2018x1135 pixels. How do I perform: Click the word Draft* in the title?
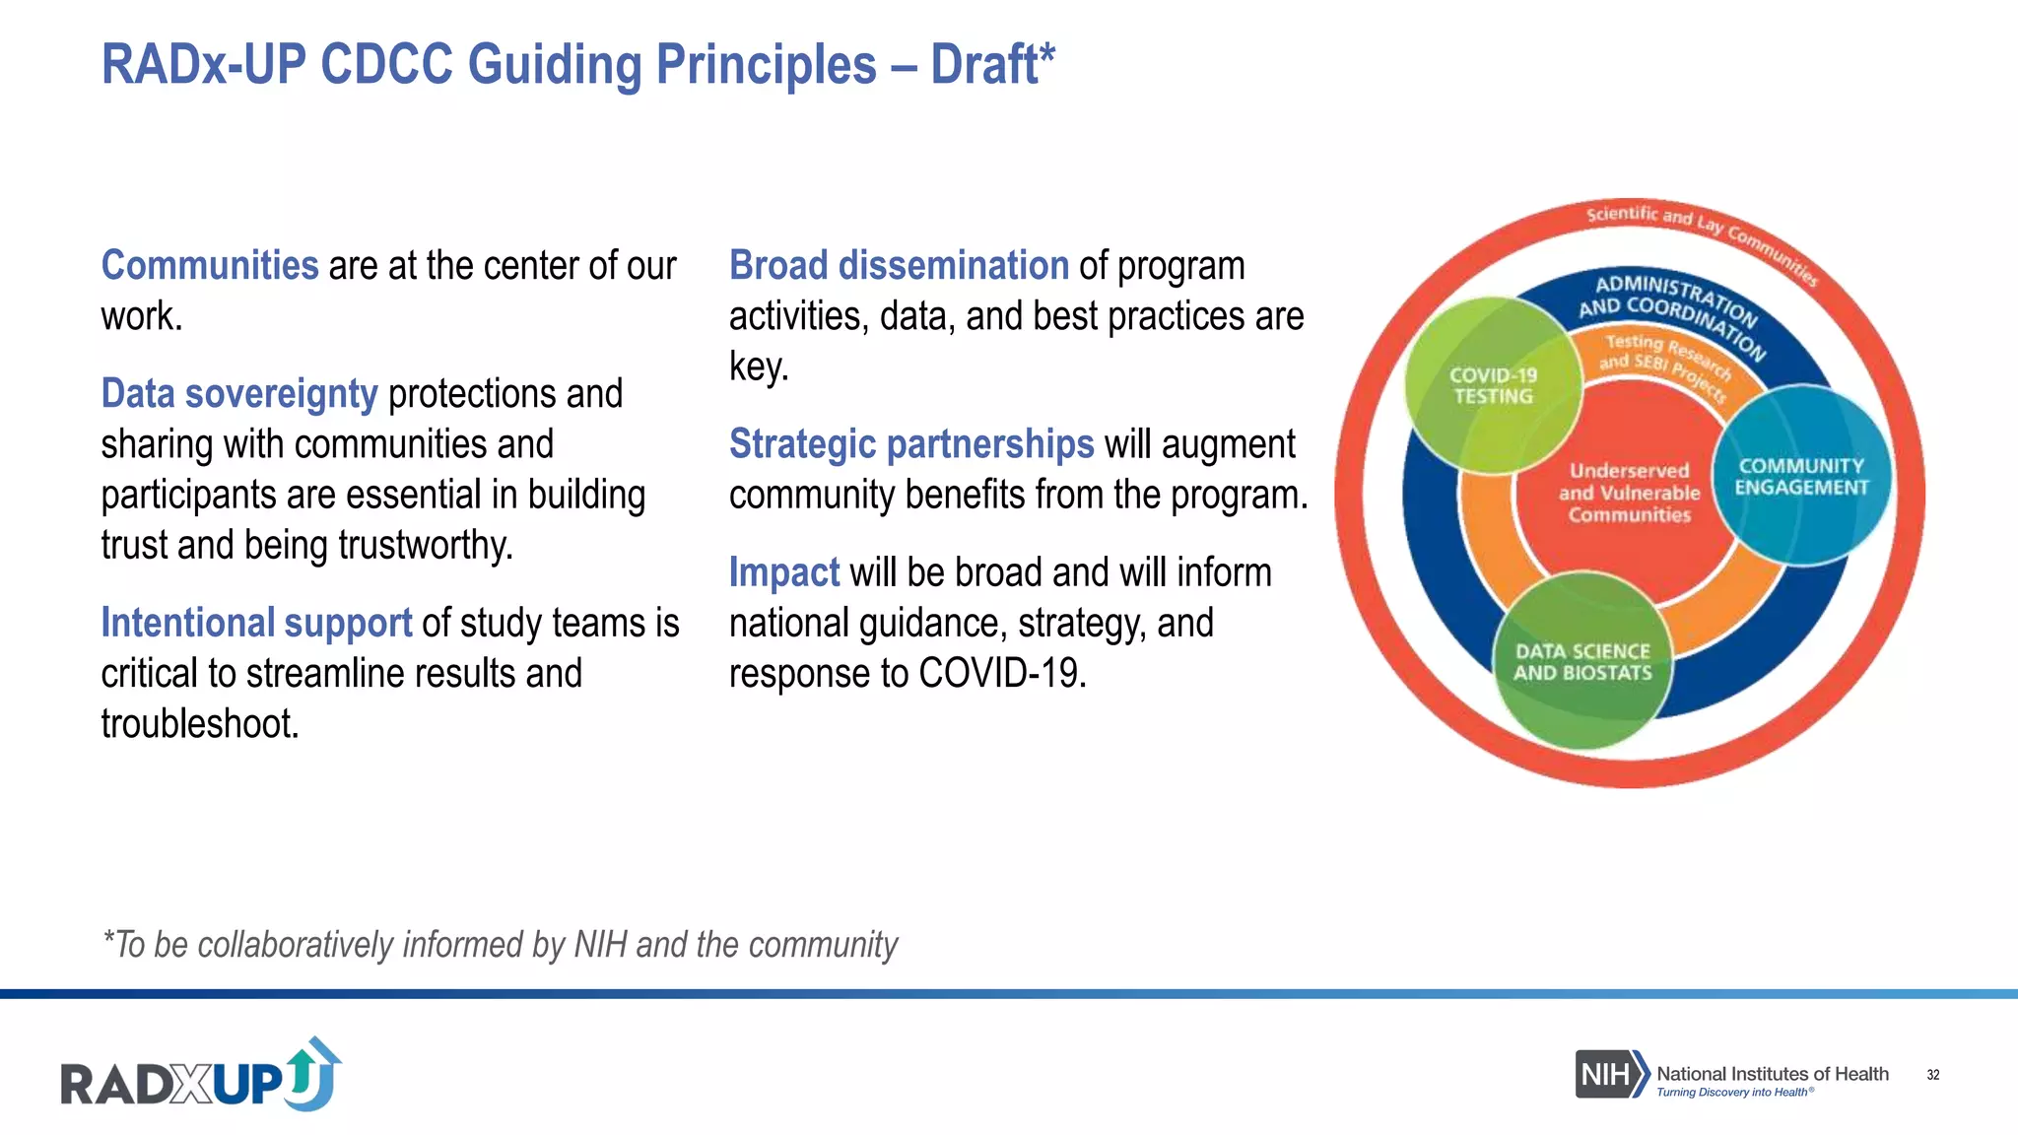[x=992, y=65]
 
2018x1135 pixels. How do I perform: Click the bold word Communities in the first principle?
[x=210, y=266]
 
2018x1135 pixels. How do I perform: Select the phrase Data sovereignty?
[x=239, y=394]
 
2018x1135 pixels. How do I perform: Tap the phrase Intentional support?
[x=256, y=623]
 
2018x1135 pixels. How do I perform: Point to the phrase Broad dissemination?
[x=899, y=266]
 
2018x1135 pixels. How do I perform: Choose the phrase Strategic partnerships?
[x=911, y=444]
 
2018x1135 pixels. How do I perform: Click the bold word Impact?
[x=783, y=572]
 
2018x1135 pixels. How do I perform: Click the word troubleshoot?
[x=200, y=724]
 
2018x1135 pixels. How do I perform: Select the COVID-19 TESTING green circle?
[x=1492, y=386]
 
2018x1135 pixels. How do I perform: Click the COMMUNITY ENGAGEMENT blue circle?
[x=1801, y=477]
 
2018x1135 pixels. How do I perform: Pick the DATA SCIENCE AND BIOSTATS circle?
[x=1582, y=662]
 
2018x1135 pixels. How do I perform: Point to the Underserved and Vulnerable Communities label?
[x=1629, y=493]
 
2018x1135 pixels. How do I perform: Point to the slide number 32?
[x=1932, y=1075]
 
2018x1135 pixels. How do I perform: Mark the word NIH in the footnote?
[x=600, y=945]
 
